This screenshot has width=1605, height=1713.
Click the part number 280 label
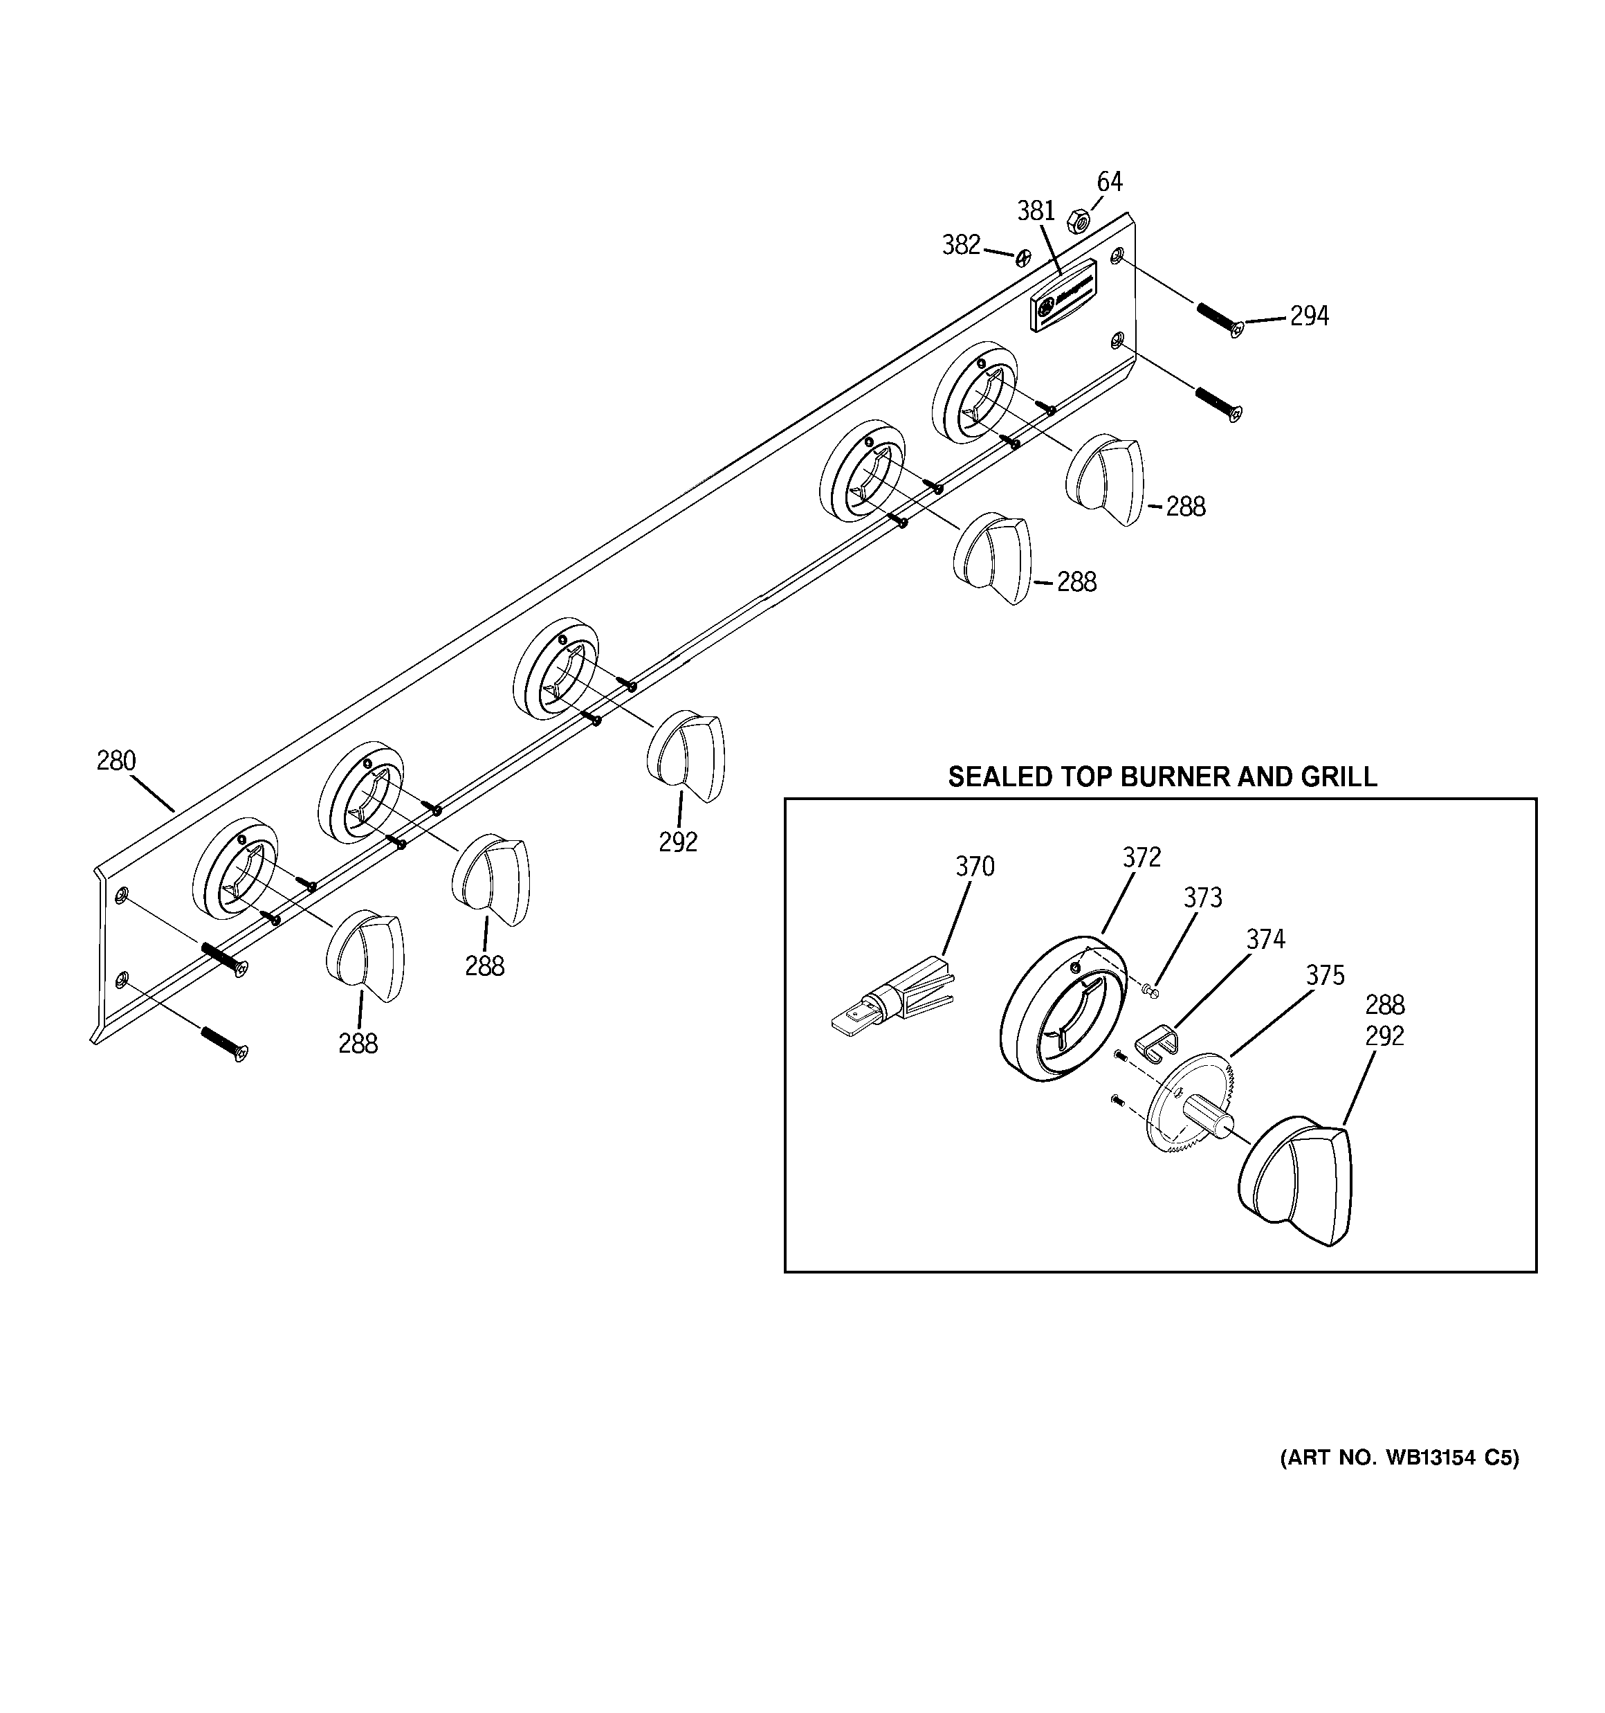(116, 761)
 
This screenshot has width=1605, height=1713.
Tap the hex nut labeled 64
(1078, 221)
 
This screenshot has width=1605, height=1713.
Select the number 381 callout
(1036, 211)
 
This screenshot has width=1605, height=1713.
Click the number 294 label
(1309, 316)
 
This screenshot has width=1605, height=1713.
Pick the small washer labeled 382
(1023, 257)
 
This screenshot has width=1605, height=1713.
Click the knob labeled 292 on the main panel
(686, 756)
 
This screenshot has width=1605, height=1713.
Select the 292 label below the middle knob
(678, 842)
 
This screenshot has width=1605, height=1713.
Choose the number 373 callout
(1202, 898)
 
